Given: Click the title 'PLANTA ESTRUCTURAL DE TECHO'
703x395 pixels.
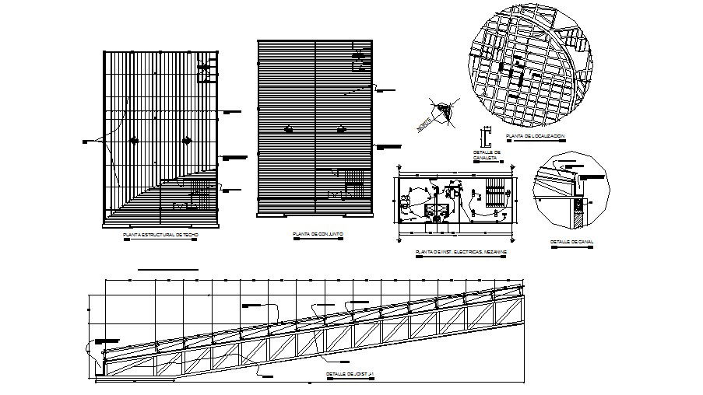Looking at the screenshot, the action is click(x=160, y=234).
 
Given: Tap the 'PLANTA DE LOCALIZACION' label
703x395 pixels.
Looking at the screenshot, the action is click(x=535, y=137).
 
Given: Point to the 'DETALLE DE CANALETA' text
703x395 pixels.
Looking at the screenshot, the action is click(x=484, y=155).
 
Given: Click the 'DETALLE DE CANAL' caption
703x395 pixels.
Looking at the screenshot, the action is click(x=572, y=242).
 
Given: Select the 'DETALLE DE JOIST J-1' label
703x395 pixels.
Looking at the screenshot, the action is click(x=351, y=375).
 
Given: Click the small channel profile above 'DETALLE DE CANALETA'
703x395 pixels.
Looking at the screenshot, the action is click(x=484, y=138).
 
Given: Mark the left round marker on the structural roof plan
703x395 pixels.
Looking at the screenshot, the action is click(x=134, y=140).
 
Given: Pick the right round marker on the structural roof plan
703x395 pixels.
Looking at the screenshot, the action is click(x=186, y=140).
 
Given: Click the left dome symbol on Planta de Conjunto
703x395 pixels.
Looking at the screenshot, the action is click(x=288, y=129).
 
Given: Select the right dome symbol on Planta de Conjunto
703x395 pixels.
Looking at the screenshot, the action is click(x=340, y=129).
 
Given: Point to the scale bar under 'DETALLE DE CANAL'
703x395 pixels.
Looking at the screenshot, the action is click(x=572, y=248).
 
